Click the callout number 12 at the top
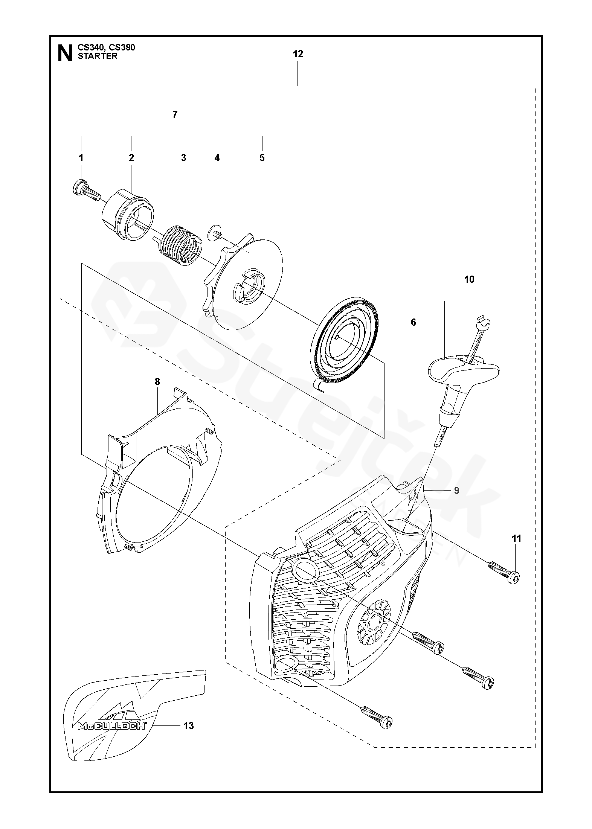[298, 54]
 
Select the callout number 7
[175, 114]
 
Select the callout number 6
[413, 322]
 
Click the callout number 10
[469, 280]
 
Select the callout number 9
[456, 491]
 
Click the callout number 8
[157, 382]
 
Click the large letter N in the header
[65, 53]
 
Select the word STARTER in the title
[97, 56]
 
